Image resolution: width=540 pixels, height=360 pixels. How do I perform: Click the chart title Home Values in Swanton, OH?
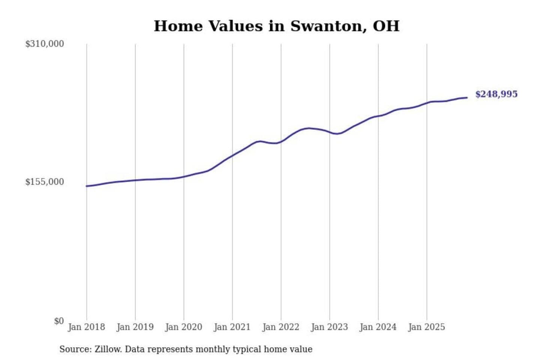276,26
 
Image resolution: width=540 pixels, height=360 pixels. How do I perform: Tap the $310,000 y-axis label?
45,44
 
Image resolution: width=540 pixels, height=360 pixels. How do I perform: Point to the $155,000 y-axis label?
45,182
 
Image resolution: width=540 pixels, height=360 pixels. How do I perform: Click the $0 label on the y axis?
59,321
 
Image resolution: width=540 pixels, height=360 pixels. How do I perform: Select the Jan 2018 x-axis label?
86,327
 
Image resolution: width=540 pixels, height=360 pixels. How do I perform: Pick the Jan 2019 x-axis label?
135,327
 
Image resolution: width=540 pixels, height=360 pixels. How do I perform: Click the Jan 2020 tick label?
183,327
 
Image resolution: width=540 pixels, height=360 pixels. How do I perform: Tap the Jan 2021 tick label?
232,327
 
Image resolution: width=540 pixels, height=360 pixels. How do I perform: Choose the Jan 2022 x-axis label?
281,327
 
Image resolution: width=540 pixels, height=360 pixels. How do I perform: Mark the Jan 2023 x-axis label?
329,327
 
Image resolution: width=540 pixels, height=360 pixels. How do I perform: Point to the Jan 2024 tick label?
378,327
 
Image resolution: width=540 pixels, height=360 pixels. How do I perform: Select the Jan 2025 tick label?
426,327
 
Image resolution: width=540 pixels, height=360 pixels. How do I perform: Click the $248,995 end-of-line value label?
496,94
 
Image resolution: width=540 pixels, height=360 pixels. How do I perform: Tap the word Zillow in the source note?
108,349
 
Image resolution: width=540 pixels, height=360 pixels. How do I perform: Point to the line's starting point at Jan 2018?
87,186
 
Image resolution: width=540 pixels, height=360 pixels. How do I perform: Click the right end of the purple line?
467,97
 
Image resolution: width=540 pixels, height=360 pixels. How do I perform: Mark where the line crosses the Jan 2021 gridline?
232,155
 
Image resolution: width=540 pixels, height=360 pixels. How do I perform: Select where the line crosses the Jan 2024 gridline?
378,116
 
